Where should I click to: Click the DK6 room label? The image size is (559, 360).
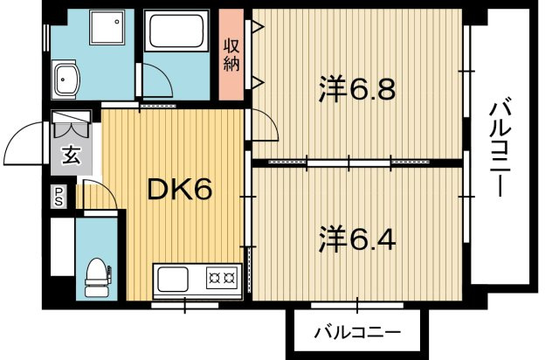[x=178, y=190]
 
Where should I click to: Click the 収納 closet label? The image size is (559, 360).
[x=231, y=54]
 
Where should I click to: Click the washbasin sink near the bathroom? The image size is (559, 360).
[x=66, y=81]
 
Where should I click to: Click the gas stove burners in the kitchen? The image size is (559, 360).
[x=220, y=280]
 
